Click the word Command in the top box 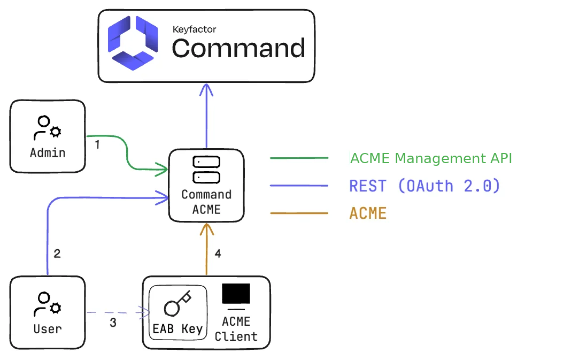coord(238,48)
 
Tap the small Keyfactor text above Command coord(194,29)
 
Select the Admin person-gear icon coord(48,128)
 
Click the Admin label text coord(48,153)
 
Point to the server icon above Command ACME coord(206,169)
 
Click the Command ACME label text coord(206,202)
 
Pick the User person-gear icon coord(48,304)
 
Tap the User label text coord(48,329)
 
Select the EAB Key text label coord(177,328)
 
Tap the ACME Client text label coord(236,329)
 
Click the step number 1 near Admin coord(97,144)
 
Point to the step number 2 coord(57,254)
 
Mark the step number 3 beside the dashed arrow coord(113,323)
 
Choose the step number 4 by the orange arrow coord(218,254)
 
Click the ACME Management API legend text coord(431,158)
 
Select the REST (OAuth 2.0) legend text coord(424,186)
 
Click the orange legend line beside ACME coord(299,213)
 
